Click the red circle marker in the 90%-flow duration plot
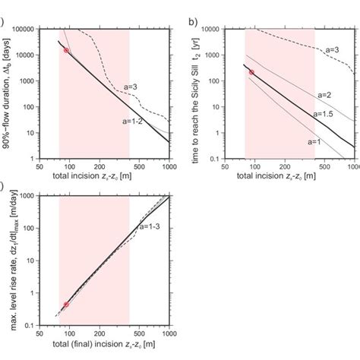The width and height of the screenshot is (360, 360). (66, 50)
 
